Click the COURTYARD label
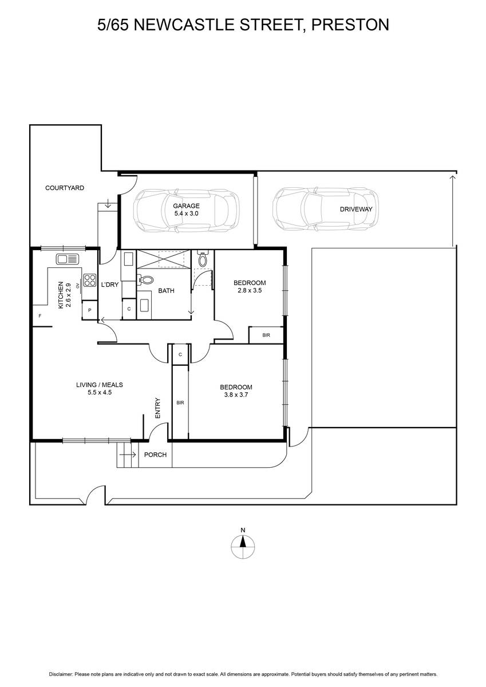[x=64, y=188]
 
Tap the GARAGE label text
[x=186, y=206]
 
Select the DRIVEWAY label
[x=356, y=209]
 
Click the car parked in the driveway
[x=325, y=208]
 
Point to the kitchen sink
[x=68, y=259]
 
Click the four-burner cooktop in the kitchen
[x=90, y=280]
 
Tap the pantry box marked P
[x=90, y=310]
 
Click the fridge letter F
[x=40, y=315]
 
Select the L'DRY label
[x=110, y=285]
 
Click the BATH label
[x=166, y=291]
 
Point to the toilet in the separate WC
[x=203, y=259]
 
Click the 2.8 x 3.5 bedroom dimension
[x=250, y=290]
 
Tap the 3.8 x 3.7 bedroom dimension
[x=236, y=394]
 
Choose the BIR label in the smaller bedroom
[x=266, y=335]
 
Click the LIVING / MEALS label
[x=100, y=385]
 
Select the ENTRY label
[x=158, y=408]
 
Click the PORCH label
[x=155, y=455]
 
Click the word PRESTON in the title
[x=350, y=25]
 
